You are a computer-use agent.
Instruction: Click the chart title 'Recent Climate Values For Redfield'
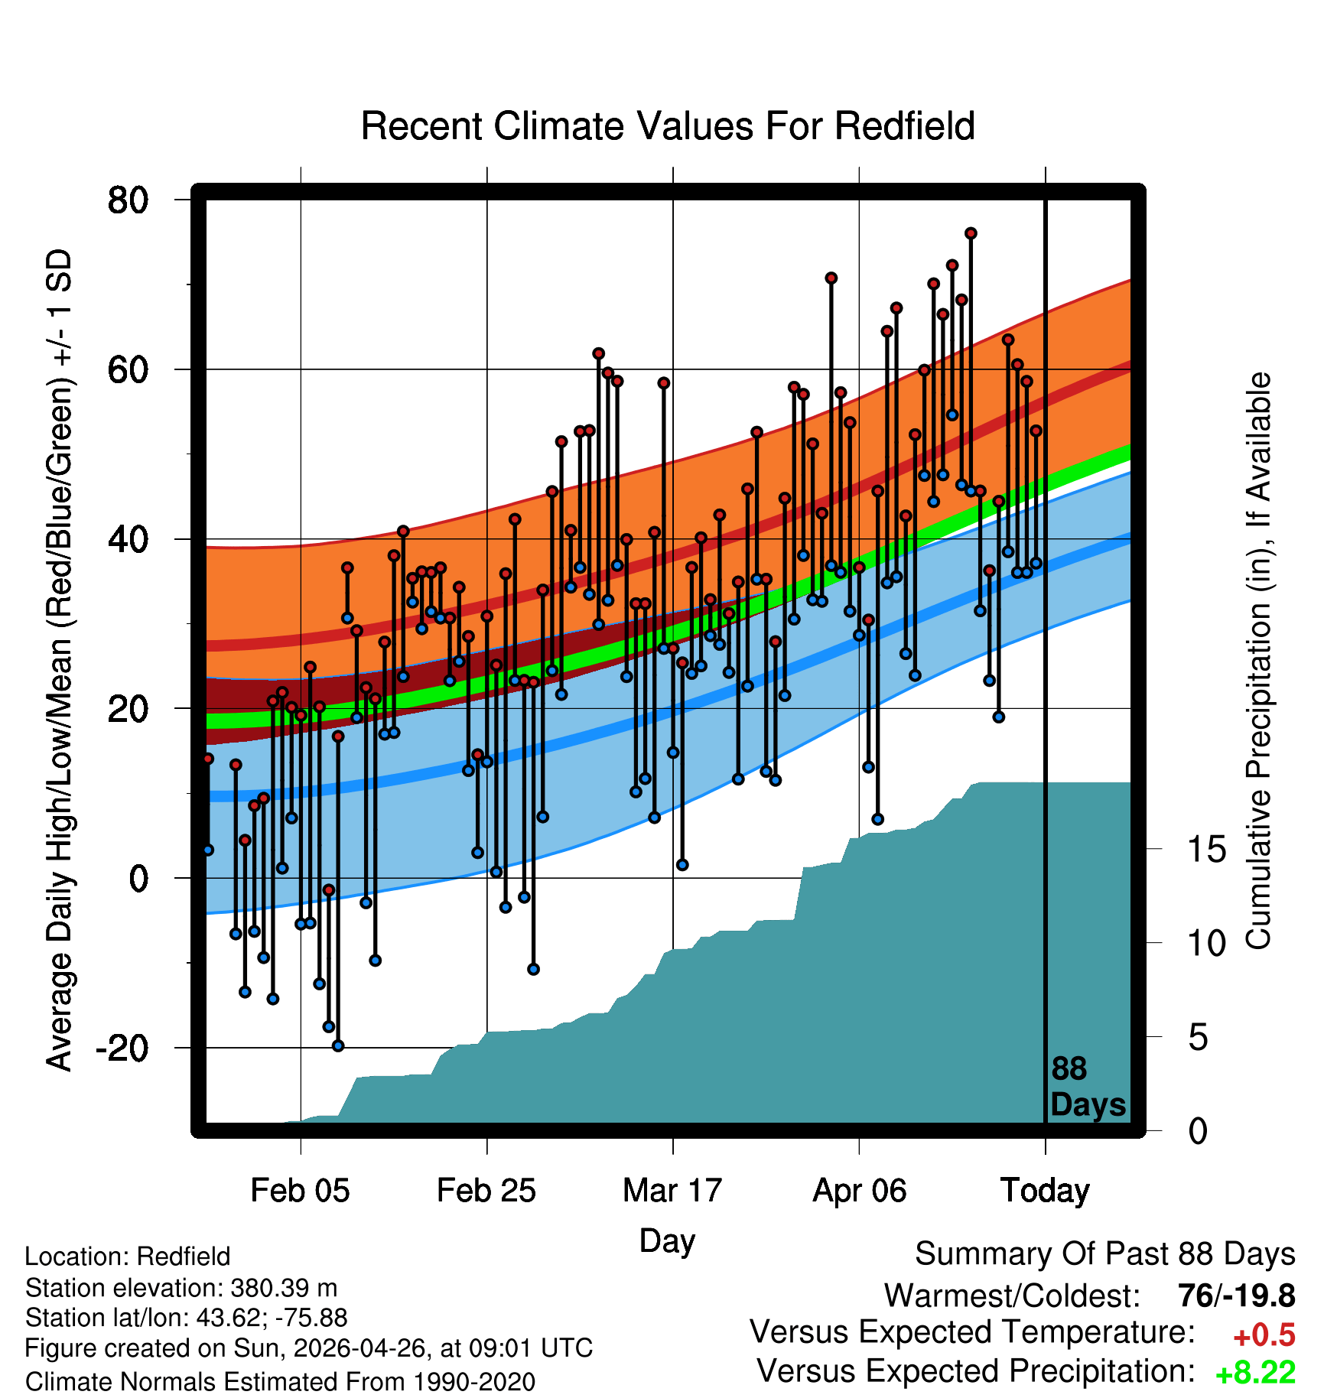668,126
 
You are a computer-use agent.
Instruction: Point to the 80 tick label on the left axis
128,200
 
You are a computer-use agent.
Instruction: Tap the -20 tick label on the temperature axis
122,1048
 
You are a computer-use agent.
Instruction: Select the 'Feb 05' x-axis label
300,1191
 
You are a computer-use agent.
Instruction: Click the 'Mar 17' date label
672,1191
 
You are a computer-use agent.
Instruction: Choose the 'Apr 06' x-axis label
859,1191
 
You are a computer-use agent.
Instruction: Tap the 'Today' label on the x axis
1045,1191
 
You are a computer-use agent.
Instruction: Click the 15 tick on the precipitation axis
1206,849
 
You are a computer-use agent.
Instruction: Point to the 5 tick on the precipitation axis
1198,1038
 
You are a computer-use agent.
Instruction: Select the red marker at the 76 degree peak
971,233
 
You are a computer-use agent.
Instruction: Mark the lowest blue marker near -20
338,1045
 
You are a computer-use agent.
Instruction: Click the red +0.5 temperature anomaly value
1264,1335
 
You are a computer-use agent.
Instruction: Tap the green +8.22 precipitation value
1255,1373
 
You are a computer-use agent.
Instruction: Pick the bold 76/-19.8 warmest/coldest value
1237,1296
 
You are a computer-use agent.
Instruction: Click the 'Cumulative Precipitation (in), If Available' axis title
1258,661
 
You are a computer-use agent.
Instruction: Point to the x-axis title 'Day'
667,1240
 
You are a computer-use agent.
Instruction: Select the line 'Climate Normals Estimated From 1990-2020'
280,1382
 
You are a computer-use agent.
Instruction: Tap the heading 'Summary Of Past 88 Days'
1105,1254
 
